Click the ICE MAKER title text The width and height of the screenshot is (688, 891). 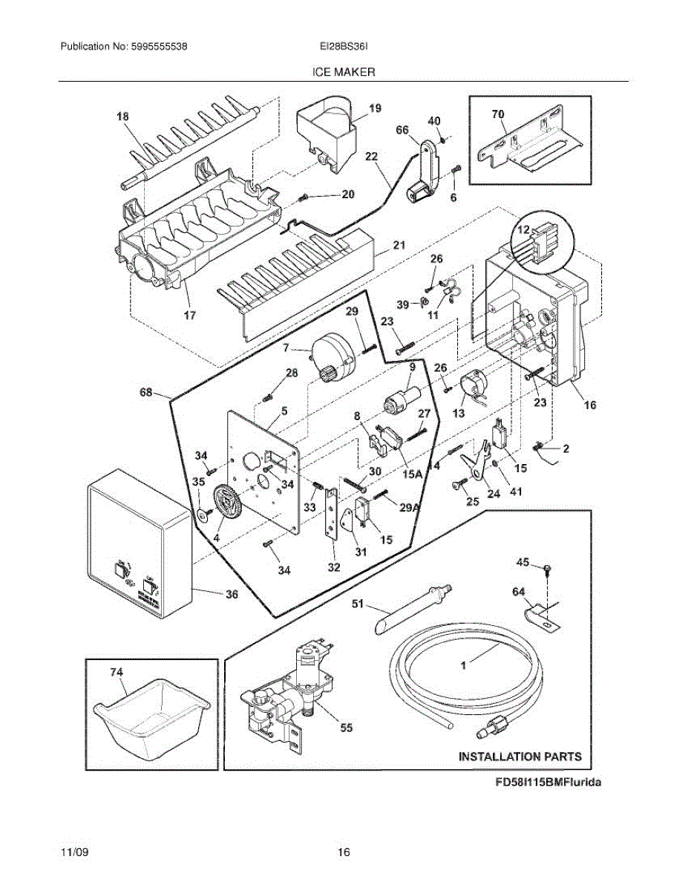pyautogui.click(x=344, y=72)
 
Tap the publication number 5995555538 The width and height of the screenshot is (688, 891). pyautogui.click(x=159, y=47)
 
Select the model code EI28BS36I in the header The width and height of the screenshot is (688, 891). pyautogui.click(x=344, y=47)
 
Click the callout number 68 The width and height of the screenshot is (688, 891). pyautogui.click(x=146, y=392)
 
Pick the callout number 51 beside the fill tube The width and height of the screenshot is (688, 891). pyautogui.click(x=358, y=604)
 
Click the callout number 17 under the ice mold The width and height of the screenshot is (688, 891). pyautogui.click(x=189, y=316)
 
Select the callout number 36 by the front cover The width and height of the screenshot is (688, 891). pyautogui.click(x=232, y=594)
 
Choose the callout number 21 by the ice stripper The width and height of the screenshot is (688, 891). pyautogui.click(x=399, y=245)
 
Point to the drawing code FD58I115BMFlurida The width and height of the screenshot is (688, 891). pyautogui.click(x=548, y=782)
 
